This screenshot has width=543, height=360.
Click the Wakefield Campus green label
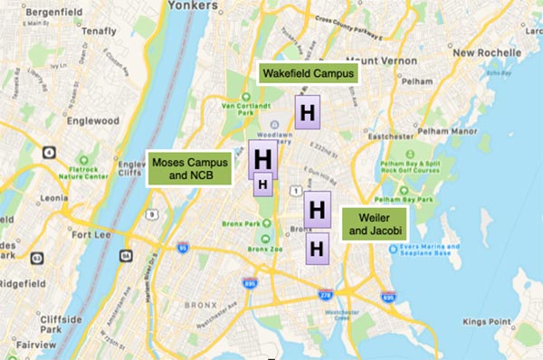coord(307,72)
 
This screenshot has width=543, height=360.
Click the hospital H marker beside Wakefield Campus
coord(308,113)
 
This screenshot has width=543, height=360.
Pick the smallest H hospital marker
coord(262,185)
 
